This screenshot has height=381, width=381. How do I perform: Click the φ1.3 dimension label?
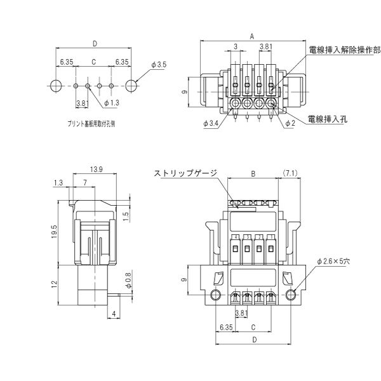tap(111, 103)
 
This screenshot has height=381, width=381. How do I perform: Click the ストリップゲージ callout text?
tap(185, 173)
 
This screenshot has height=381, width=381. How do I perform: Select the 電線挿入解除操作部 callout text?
tap(344, 48)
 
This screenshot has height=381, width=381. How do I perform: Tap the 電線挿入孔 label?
tap(326, 119)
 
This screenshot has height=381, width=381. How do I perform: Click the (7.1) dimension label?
tap(291, 173)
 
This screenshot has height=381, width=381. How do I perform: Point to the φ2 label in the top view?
tap(290, 123)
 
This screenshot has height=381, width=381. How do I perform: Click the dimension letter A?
tap(252, 37)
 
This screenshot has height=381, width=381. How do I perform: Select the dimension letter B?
tap(252, 173)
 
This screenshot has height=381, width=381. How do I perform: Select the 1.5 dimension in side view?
tap(126, 215)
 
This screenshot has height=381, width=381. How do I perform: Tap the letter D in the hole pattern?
tap(94, 44)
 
